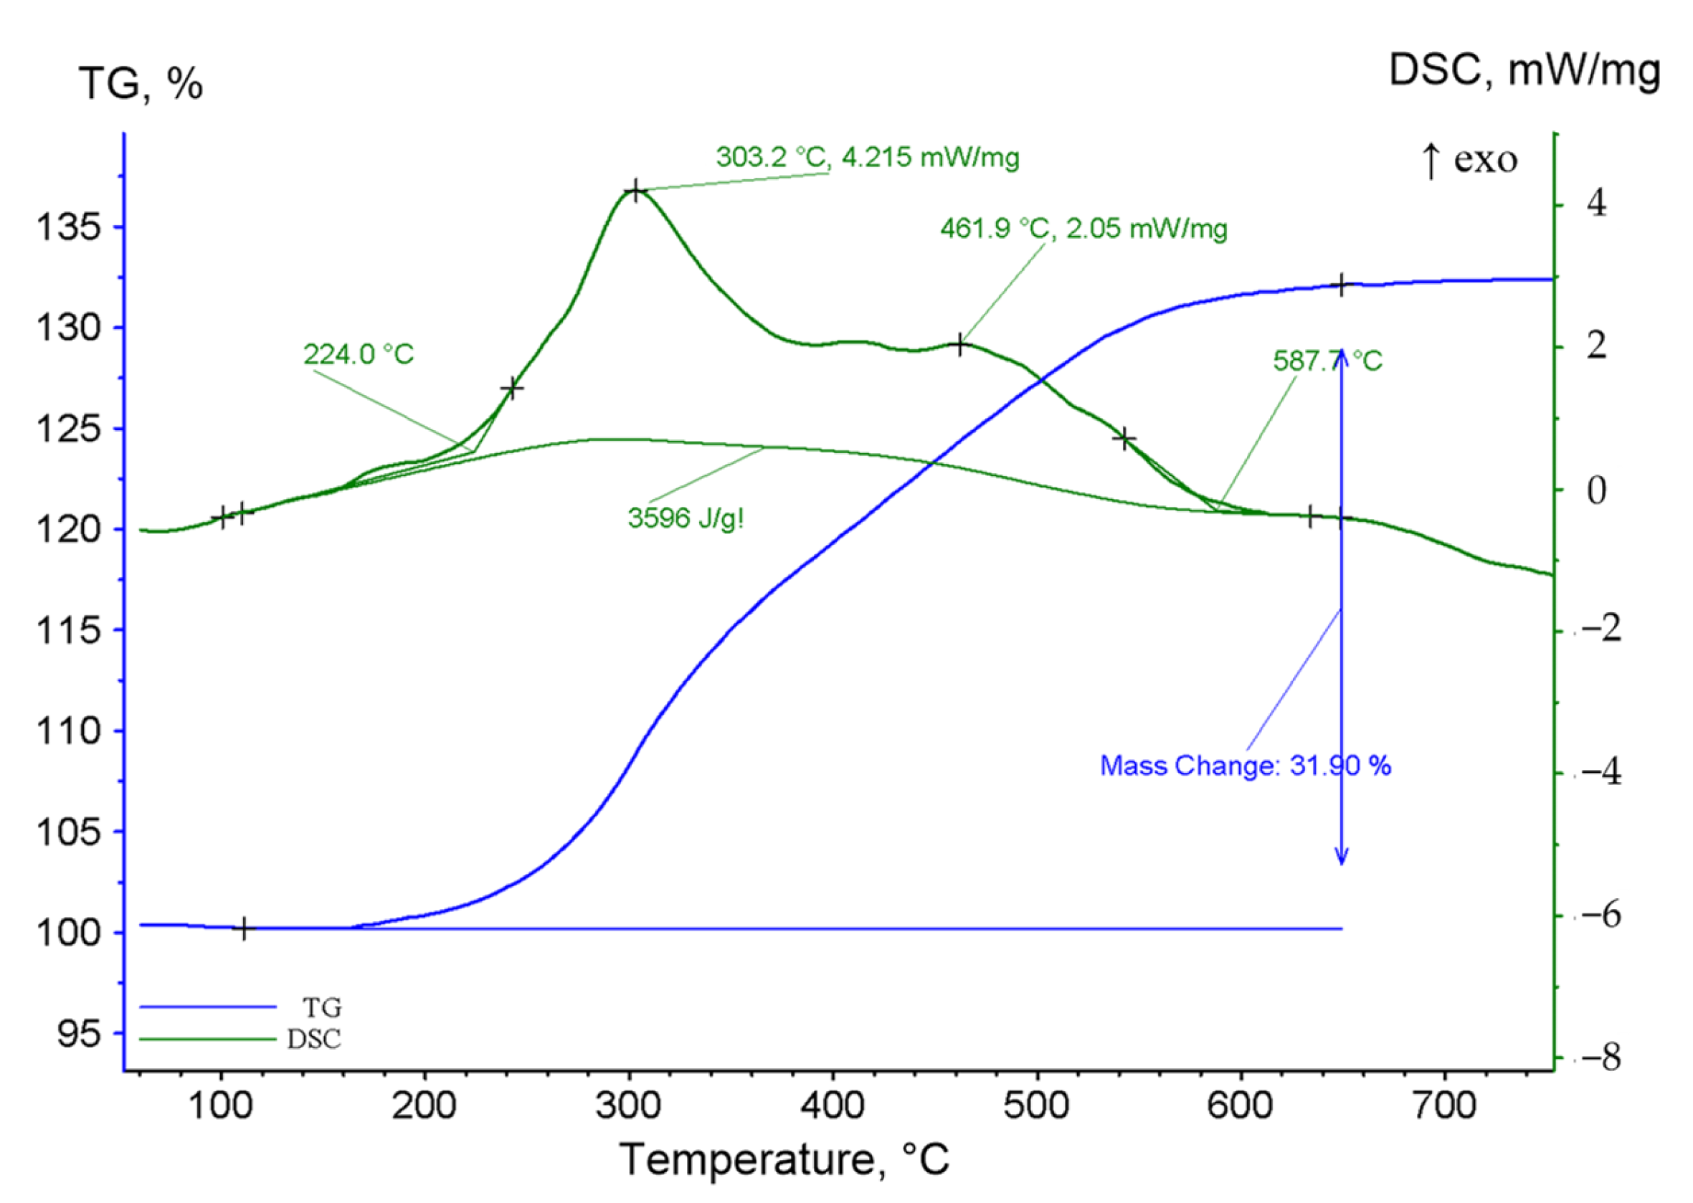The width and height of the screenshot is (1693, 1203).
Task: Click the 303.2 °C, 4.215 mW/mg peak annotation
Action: click(x=867, y=157)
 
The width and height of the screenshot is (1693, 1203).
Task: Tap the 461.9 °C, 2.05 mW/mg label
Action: click(x=1083, y=229)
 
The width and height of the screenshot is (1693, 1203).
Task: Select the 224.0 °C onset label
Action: click(x=358, y=355)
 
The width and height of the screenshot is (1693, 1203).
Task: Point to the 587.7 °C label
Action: click(x=1327, y=361)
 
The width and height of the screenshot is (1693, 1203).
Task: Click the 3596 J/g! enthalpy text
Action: click(x=686, y=518)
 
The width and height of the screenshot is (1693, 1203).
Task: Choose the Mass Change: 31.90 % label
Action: click(x=1245, y=765)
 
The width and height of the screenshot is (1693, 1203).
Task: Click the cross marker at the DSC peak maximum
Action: click(x=635, y=192)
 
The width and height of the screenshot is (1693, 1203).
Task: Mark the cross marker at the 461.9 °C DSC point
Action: click(x=959, y=345)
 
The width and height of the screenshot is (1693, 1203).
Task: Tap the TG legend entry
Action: click(x=321, y=1008)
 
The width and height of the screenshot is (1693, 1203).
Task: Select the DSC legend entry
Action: click(x=314, y=1040)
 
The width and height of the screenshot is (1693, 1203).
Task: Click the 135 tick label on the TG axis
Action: click(x=68, y=227)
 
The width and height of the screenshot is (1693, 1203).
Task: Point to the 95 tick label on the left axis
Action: click(x=79, y=1034)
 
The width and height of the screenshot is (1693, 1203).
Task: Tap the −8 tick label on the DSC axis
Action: click(x=1601, y=1059)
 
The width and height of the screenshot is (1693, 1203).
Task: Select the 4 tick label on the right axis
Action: click(x=1597, y=203)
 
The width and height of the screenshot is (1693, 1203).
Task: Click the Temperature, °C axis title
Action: click(x=784, y=1159)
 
